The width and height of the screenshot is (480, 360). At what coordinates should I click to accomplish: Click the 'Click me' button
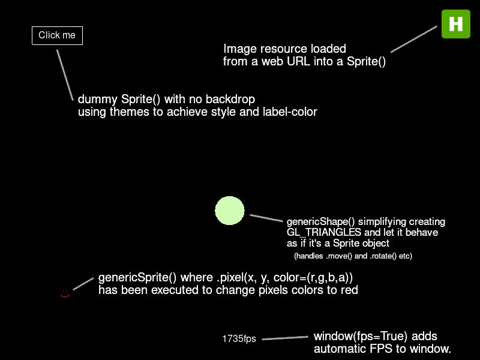click(x=57, y=35)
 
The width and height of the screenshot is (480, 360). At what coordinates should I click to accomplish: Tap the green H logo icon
click(x=456, y=24)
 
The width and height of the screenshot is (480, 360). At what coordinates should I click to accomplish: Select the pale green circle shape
click(x=230, y=211)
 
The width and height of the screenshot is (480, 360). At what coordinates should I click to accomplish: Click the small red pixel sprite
click(x=65, y=294)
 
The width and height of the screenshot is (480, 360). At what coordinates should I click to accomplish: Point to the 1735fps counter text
click(x=239, y=339)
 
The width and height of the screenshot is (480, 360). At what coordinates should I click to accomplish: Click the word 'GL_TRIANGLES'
click(x=324, y=232)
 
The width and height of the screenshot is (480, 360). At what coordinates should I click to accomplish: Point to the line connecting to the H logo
click(x=414, y=39)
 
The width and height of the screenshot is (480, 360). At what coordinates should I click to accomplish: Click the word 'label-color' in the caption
click(x=289, y=112)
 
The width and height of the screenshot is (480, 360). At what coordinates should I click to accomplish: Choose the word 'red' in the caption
click(x=348, y=290)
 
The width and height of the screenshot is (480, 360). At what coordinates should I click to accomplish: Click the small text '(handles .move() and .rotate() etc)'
click(x=353, y=256)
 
